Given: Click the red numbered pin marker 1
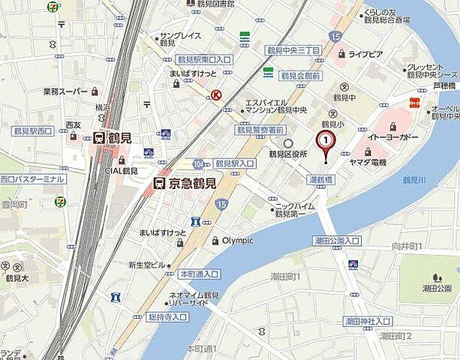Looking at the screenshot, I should [325, 139].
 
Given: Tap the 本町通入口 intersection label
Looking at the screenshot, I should [199, 274].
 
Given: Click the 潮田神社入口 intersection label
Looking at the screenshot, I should [367, 321].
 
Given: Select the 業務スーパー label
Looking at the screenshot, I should [66, 92].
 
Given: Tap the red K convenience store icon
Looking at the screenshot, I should [216, 95].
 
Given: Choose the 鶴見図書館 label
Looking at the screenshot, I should [211, 4].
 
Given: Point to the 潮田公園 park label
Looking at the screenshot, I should [437, 288].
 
